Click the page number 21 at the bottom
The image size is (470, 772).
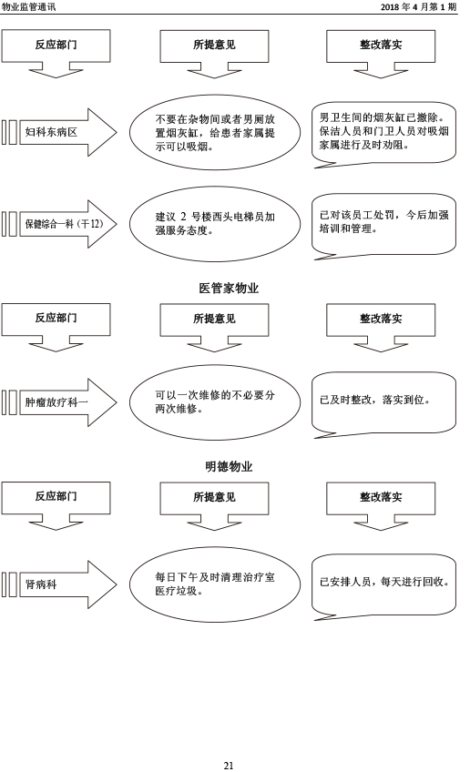coord(228,765)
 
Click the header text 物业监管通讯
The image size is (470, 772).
coord(28,6)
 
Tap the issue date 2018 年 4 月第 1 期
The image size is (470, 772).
coord(418,6)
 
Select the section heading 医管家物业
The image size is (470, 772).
coord(229,288)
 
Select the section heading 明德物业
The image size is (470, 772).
coord(229,466)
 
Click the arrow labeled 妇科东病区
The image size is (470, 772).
coord(59,132)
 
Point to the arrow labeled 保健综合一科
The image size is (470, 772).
coord(59,224)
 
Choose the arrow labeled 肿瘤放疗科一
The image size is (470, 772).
coord(59,402)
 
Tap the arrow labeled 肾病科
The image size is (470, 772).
coord(59,584)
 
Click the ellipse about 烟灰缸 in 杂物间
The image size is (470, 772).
coord(215,132)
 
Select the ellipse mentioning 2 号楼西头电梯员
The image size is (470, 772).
coord(215,224)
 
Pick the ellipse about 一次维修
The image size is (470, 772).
coord(215,402)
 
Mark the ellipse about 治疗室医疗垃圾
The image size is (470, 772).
coord(215,584)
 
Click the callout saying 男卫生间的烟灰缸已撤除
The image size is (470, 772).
coord(383,132)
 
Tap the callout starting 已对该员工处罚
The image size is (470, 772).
coord(383,224)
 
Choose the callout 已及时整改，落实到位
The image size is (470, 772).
coord(383,402)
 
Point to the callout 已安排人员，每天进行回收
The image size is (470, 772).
coord(383,584)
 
